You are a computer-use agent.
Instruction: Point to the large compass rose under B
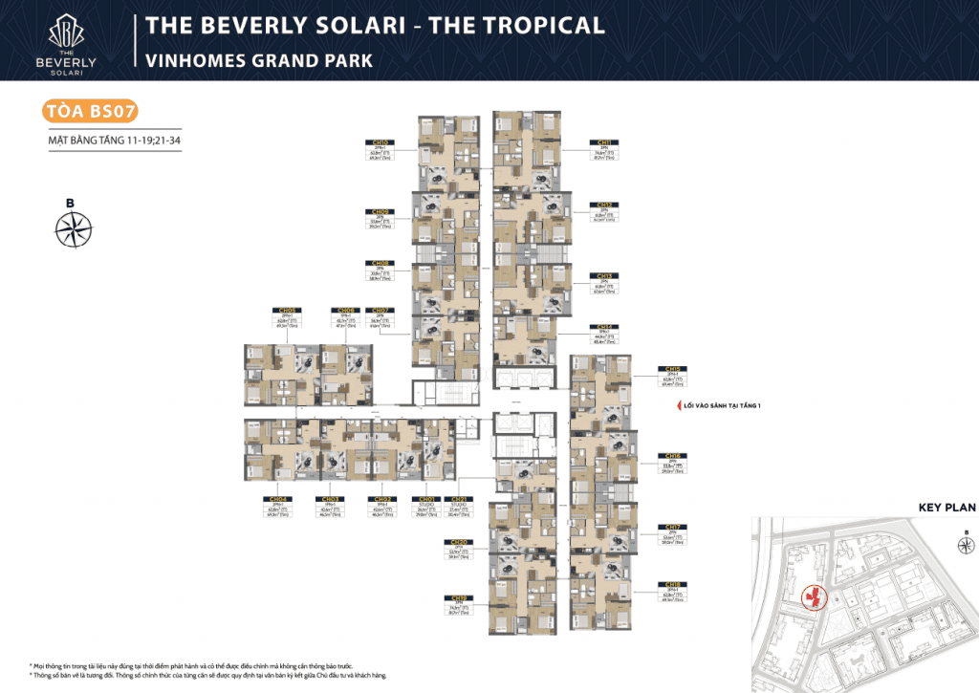click(x=74, y=228)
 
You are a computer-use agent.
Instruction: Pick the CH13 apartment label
click(x=604, y=273)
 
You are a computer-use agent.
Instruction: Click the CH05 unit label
click(x=287, y=310)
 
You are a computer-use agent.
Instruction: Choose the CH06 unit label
click(x=343, y=310)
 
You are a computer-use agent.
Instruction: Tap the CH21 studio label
click(x=460, y=499)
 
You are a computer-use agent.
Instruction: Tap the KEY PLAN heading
click(x=946, y=509)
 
